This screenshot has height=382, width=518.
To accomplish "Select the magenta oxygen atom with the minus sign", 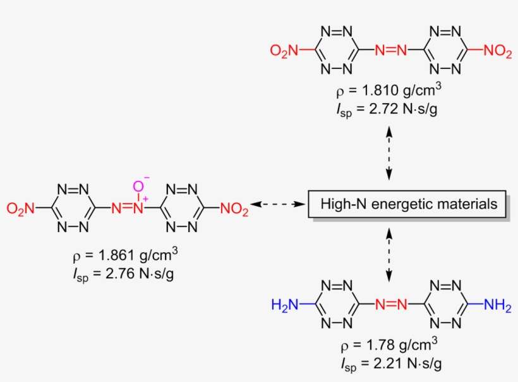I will point(138,185).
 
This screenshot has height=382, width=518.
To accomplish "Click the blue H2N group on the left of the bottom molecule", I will point(285,305).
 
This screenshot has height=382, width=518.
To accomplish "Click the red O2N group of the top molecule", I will point(285,51).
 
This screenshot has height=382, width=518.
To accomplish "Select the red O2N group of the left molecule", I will point(20,207).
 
